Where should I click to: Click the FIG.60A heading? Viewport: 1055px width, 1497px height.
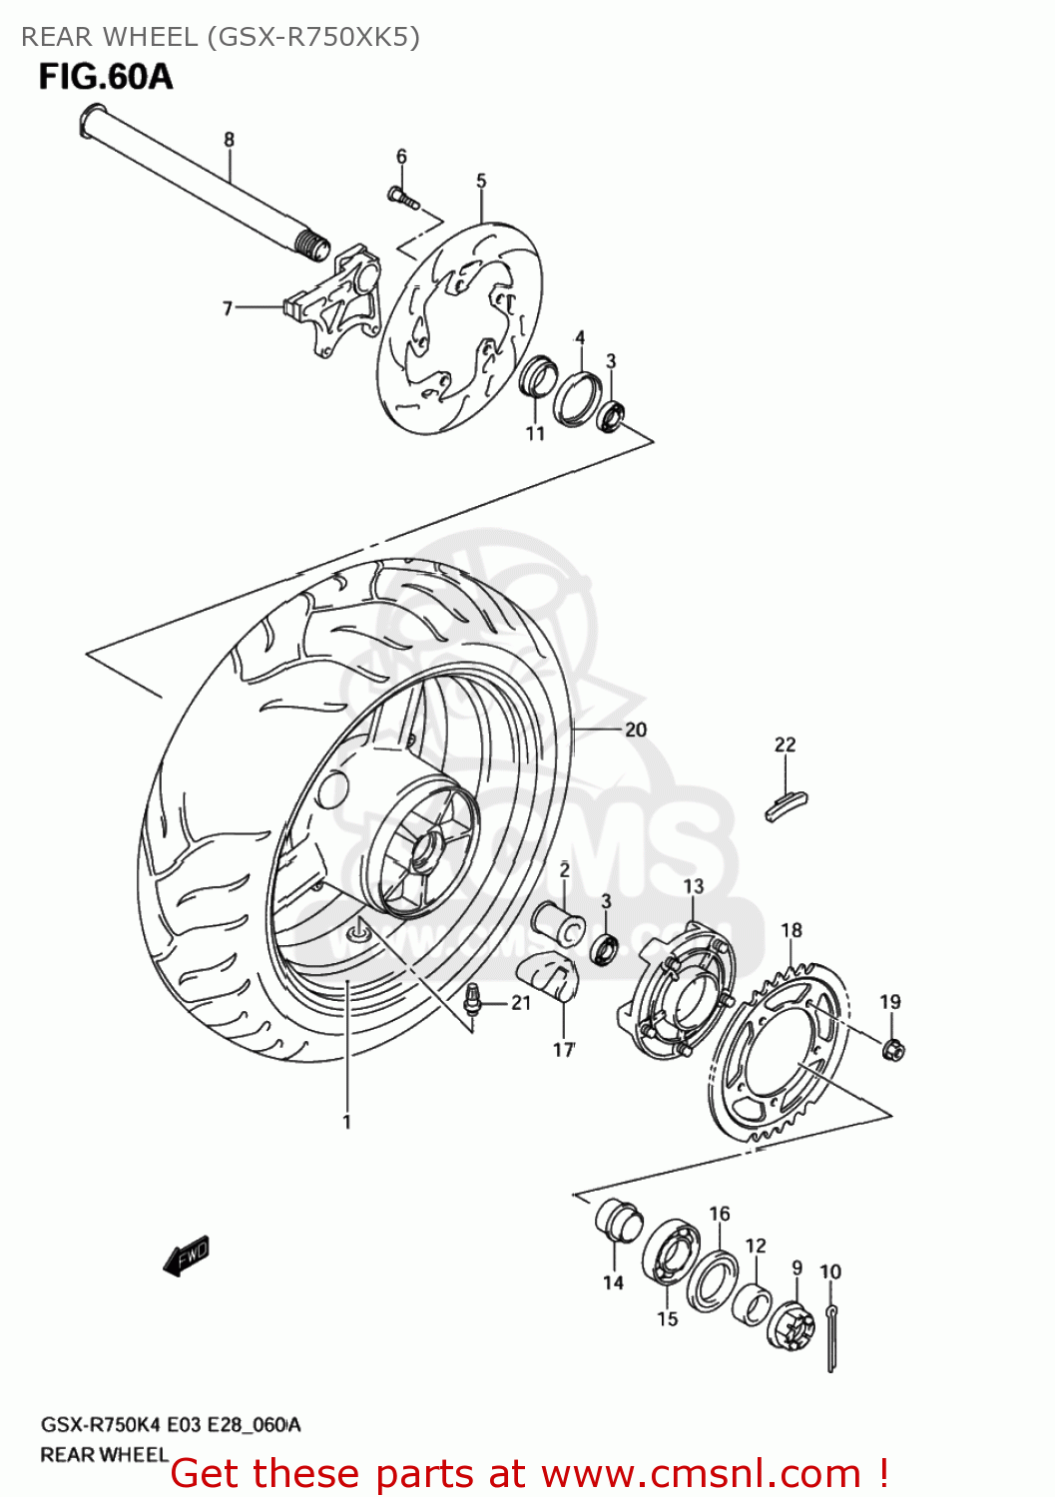pos(105,77)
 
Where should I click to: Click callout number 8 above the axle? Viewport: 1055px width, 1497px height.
pos(229,140)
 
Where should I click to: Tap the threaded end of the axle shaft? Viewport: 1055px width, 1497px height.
pos(313,245)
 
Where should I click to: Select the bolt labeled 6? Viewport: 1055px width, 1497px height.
pos(401,198)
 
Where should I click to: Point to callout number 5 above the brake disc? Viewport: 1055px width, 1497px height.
pos(481,181)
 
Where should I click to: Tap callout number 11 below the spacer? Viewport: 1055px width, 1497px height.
pos(536,433)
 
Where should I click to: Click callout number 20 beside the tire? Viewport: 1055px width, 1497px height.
pos(636,730)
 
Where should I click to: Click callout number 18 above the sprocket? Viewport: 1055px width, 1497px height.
pos(791,930)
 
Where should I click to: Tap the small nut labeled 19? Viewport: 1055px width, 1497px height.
pos(893,1048)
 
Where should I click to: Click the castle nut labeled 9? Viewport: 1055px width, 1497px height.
pos(791,1322)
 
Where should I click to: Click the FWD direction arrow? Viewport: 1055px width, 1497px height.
pos(187,1254)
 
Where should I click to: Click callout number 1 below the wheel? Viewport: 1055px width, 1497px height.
pos(346,1122)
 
